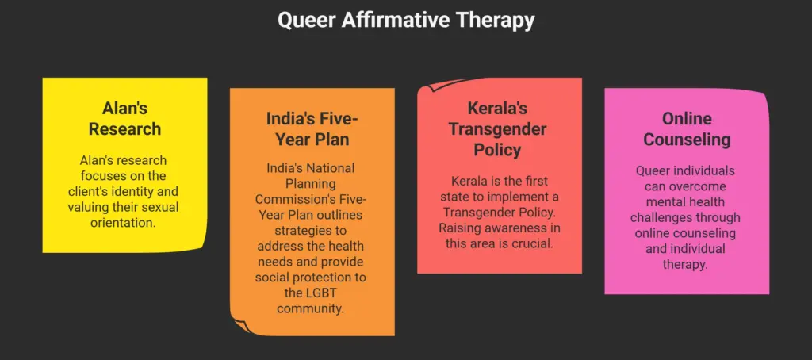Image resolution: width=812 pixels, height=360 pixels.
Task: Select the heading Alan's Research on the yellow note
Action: point(124,118)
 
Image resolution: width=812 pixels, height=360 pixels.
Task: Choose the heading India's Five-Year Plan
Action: point(312,129)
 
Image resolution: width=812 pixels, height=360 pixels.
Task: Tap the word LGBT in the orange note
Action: point(312,293)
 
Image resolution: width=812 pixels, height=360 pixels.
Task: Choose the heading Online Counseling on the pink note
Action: point(687,129)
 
